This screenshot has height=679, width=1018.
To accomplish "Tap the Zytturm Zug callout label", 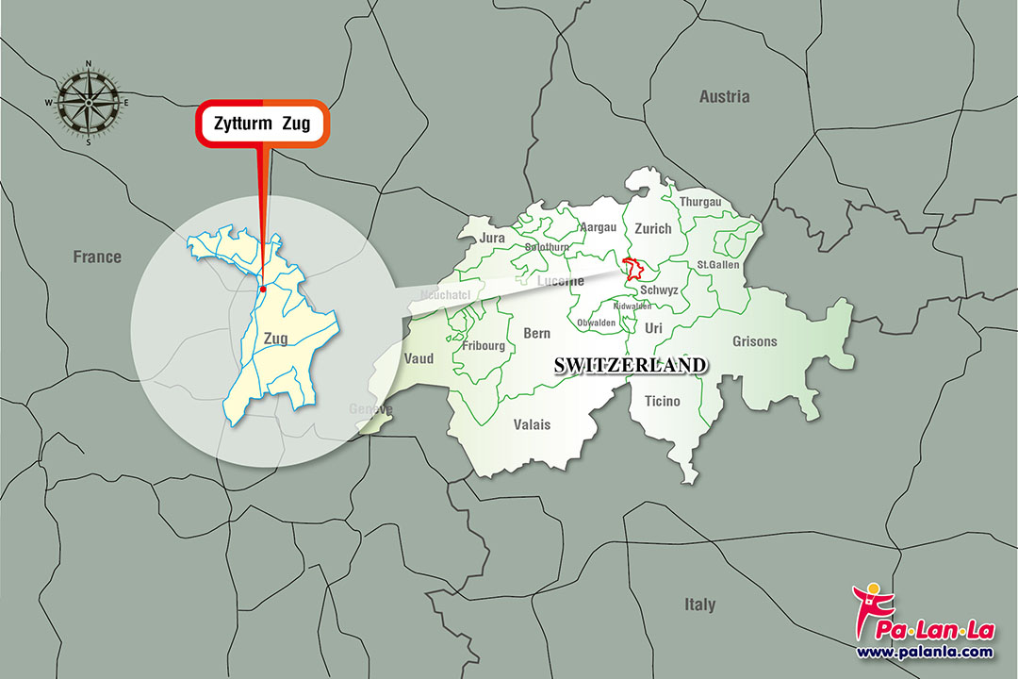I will [262, 123].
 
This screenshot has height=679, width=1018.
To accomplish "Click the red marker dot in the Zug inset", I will [263, 290].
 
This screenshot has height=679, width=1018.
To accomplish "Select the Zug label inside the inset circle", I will [275, 338].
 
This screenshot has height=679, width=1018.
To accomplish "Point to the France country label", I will [98, 257].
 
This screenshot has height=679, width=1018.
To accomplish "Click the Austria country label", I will [724, 96].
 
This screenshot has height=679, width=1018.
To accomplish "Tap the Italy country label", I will [699, 604].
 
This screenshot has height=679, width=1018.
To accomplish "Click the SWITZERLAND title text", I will [630, 365].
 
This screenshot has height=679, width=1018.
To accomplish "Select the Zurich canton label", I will [652, 228].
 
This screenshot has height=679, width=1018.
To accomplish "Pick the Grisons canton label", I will [755, 341].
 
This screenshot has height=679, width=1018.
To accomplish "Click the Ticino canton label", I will [662, 402].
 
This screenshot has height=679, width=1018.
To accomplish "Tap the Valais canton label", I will [533, 424].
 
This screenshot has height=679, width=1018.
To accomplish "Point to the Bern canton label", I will [536, 334].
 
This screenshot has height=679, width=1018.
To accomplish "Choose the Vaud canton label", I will [419, 359].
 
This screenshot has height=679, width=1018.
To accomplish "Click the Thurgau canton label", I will [699, 202].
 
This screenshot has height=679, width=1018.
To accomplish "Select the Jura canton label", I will [492, 239].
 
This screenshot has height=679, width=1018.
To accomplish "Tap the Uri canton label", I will [654, 327].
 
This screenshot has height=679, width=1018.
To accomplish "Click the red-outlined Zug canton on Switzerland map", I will [636, 267].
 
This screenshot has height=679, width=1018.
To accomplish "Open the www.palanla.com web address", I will [924, 652].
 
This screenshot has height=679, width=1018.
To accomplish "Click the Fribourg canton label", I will [484, 346].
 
